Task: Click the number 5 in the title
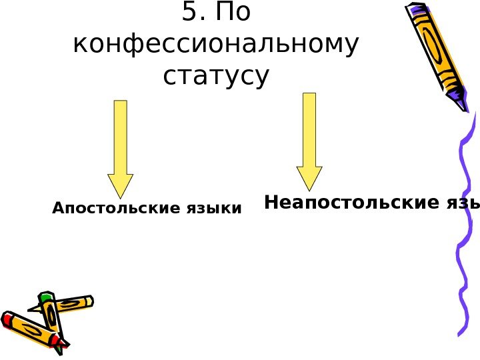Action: pos(188,15)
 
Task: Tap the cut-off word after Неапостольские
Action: pos(464,202)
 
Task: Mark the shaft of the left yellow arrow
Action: pos(121,137)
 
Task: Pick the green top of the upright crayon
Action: pos(46,296)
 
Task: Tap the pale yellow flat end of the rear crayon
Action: pos(89,301)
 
